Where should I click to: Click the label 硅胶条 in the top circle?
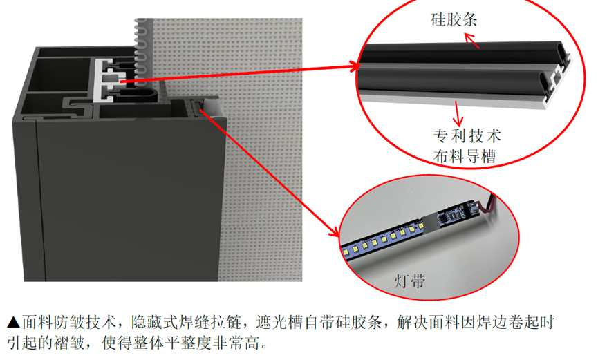point(454,19)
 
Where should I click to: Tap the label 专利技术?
point(467,135)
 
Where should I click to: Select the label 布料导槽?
point(465,156)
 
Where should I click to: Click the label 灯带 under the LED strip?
point(409,281)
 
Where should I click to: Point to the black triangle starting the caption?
point(13,322)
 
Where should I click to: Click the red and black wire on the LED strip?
point(487,205)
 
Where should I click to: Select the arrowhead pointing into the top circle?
point(355,66)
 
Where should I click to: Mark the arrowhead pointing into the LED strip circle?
point(333,231)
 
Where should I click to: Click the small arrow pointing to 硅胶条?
point(471,41)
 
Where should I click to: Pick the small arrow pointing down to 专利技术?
point(457,113)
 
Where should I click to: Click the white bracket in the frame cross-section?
point(102,81)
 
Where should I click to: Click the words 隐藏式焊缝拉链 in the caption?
point(186,322)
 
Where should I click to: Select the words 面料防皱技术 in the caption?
point(68,322)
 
